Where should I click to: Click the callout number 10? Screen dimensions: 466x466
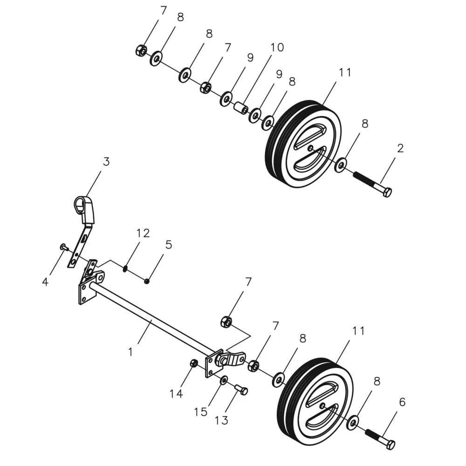[276, 48]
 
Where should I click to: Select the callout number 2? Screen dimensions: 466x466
[400, 149]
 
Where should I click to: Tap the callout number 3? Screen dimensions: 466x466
[106, 162]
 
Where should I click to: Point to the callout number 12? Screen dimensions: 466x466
[143, 233]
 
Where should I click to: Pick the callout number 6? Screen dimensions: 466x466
[168, 244]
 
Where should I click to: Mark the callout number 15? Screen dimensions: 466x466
[201, 412]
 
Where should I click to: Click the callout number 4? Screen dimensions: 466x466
[45, 282]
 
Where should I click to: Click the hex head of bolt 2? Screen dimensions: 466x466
[387, 192]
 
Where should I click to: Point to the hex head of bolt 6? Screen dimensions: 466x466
[390, 445]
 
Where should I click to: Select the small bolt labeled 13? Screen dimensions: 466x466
[242, 389]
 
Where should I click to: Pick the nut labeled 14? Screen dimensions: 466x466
[194, 363]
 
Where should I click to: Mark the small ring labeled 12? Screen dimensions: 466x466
[125, 268]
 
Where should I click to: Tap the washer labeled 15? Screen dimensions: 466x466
[224, 380]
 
